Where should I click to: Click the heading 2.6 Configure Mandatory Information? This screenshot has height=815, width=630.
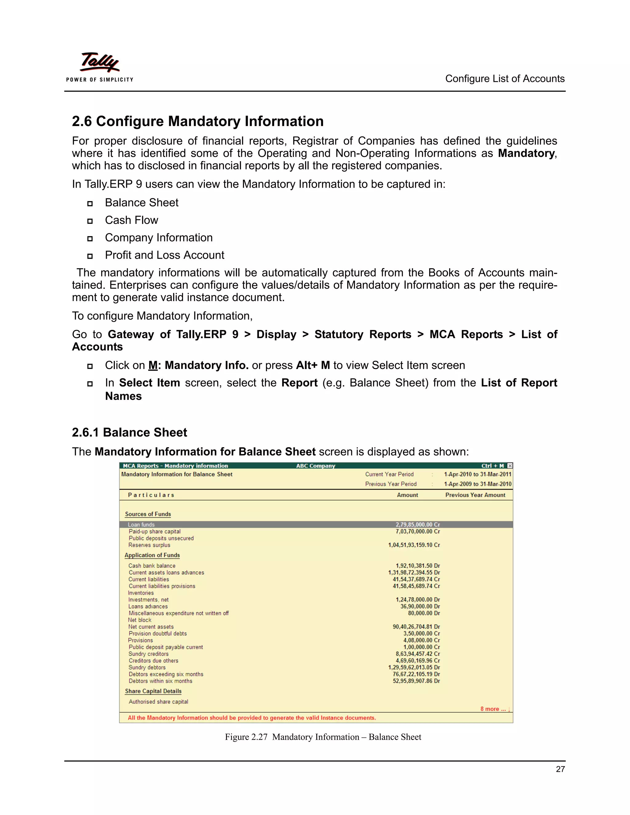(197, 121)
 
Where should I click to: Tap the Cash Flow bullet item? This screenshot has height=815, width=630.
(131, 220)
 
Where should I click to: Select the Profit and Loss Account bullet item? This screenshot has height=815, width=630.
(164, 255)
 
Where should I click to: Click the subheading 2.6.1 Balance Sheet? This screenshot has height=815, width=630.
(129, 432)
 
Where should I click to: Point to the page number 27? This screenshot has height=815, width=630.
(560, 769)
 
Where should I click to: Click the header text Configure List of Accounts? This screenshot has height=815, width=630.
(504, 79)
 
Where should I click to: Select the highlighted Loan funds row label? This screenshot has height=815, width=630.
(141, 525)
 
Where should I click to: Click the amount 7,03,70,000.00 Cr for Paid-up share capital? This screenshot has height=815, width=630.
(418, 531)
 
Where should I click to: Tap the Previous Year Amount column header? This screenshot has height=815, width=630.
(475, 495)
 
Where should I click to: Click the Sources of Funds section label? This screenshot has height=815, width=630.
(148, 514)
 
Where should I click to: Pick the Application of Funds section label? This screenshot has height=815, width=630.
(152, 555)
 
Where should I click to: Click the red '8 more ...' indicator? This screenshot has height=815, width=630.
(494, 709)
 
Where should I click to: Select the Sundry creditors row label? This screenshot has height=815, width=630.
(149, 654)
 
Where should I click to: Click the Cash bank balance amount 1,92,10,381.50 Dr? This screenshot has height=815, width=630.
(418, 566)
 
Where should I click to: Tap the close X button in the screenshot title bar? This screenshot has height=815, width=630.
(510, 466)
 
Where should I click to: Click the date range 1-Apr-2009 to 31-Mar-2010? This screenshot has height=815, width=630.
(477, 484)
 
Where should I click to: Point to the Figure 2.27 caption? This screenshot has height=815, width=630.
(323, 737)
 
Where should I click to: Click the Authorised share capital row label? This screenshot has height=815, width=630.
(158, 702)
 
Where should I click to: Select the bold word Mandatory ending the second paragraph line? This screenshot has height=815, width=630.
(526, 153)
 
